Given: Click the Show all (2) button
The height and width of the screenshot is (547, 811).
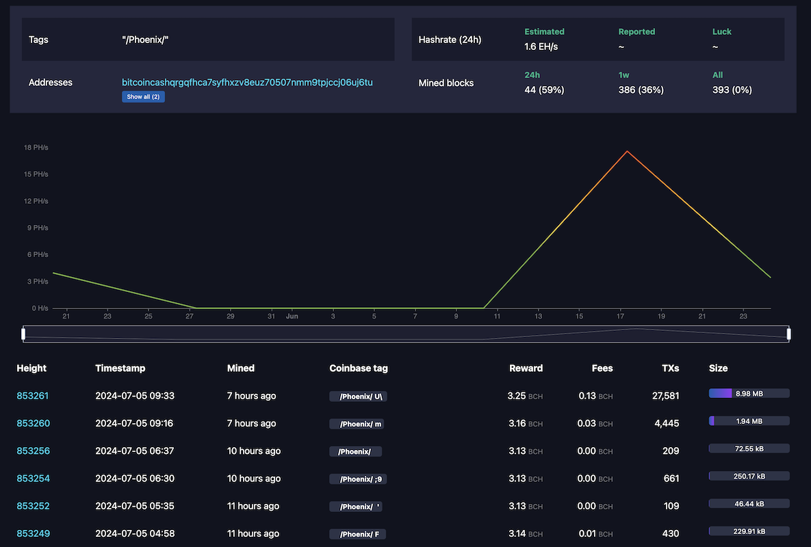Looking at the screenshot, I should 143,96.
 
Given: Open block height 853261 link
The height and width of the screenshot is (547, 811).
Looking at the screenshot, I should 33,396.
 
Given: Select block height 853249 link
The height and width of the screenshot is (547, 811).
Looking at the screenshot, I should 33,533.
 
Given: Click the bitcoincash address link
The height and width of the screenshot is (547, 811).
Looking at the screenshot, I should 247,82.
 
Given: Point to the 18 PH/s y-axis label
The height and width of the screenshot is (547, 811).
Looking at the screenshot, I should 36,148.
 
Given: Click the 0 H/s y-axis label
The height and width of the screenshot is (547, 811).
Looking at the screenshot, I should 38,308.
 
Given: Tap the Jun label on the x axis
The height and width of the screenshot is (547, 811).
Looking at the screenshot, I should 292,317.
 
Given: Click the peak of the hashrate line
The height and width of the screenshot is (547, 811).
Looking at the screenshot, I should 627,151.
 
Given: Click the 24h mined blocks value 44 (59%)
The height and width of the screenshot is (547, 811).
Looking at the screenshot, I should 544,90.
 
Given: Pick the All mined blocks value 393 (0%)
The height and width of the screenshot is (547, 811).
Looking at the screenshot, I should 732,90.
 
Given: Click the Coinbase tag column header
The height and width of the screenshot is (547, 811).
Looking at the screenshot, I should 359,368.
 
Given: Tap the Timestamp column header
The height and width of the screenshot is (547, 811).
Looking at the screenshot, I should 120,368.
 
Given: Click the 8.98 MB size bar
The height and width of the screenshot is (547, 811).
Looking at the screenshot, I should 749,393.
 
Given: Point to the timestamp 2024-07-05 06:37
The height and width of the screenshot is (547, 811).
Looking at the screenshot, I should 134,451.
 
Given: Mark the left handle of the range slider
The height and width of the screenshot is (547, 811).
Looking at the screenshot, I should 23,334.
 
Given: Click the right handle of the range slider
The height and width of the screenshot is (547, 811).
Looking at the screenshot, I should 788,334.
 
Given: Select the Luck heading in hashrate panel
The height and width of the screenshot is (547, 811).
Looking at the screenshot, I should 721,31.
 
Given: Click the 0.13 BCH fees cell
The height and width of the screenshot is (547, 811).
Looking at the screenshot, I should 594,396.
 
